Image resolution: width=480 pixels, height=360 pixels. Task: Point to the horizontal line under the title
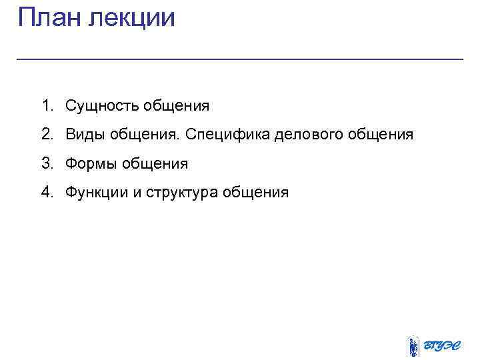tap(239, 59)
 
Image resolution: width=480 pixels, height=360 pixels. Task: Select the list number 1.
tap(45, 105)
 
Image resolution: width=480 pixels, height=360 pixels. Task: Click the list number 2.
tap(45, 134)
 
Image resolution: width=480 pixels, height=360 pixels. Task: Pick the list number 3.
tap(45, 163)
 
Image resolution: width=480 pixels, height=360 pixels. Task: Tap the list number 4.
tap(45, 193)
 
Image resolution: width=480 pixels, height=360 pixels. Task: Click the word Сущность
tap(96, 106)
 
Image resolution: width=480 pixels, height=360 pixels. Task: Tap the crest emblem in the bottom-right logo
tap(413, 346)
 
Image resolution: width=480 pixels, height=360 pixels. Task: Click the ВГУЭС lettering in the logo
tap(444, 347)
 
